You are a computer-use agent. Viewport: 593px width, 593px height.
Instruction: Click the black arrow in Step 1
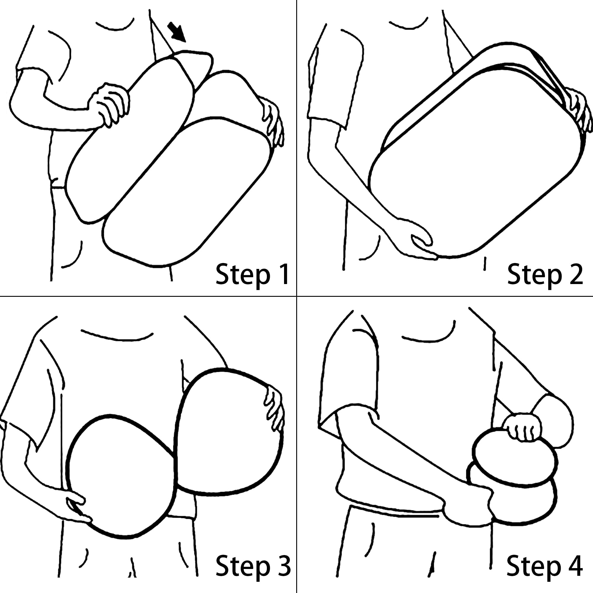(x=177, y=32)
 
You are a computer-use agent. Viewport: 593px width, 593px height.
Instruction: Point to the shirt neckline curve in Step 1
(x=115, y=29)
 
